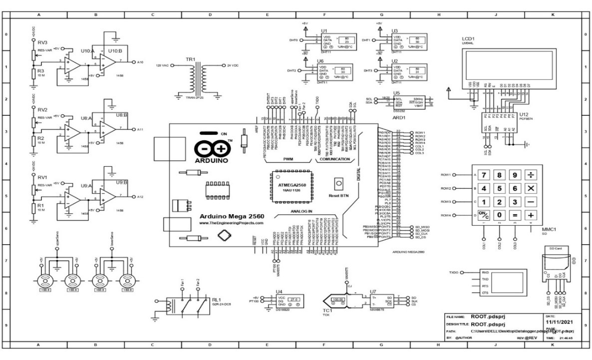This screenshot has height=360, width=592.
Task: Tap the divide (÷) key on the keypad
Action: pyautogui.click(x=531, y=175)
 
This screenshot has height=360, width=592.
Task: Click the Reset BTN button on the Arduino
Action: pyautogui.click(x=339, y=183)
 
